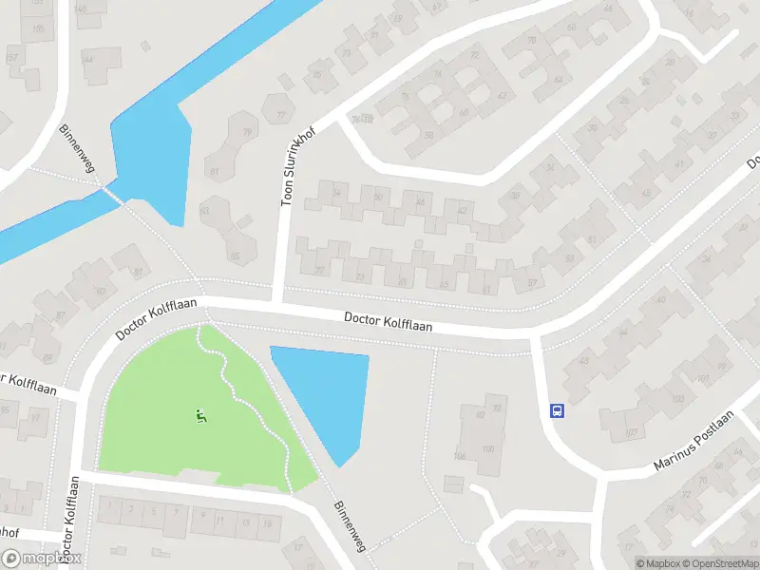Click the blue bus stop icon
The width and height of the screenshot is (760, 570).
point(557,411)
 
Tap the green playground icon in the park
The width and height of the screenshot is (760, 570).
point(200,415)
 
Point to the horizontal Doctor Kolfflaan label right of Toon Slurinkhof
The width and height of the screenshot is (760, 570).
point(388,323)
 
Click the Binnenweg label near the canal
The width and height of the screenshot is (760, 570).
point(73,142)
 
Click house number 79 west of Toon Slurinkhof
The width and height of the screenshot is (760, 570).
point(247,133)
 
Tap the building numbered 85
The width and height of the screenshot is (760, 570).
point(235,255)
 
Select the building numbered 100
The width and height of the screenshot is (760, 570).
point(488,448)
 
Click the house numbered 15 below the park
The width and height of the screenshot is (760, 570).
point(271,522)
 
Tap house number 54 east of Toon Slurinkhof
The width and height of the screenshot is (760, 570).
point(337,194)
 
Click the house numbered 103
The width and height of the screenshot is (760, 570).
point(703,378)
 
